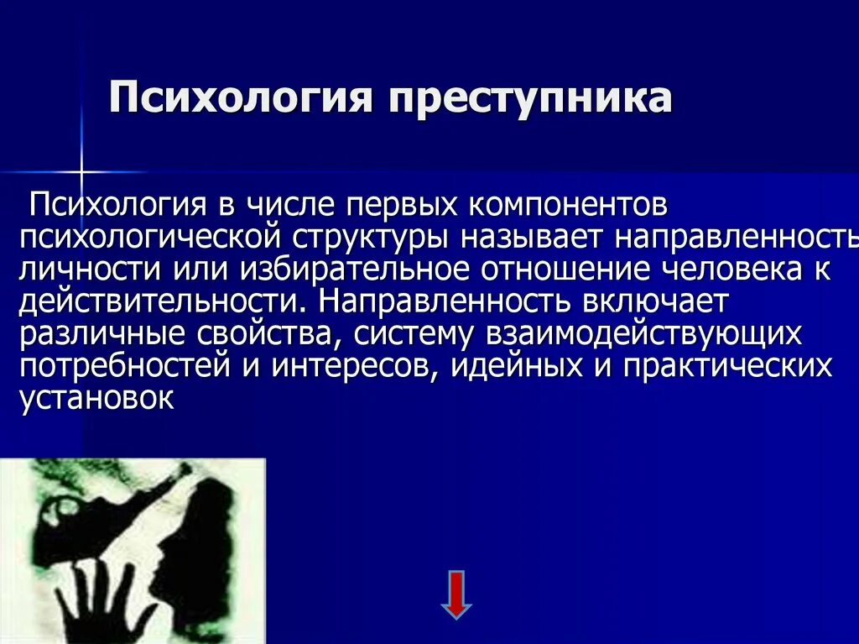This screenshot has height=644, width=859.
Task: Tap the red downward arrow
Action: coord(456,594)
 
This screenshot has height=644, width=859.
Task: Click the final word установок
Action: coord(96,398)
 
